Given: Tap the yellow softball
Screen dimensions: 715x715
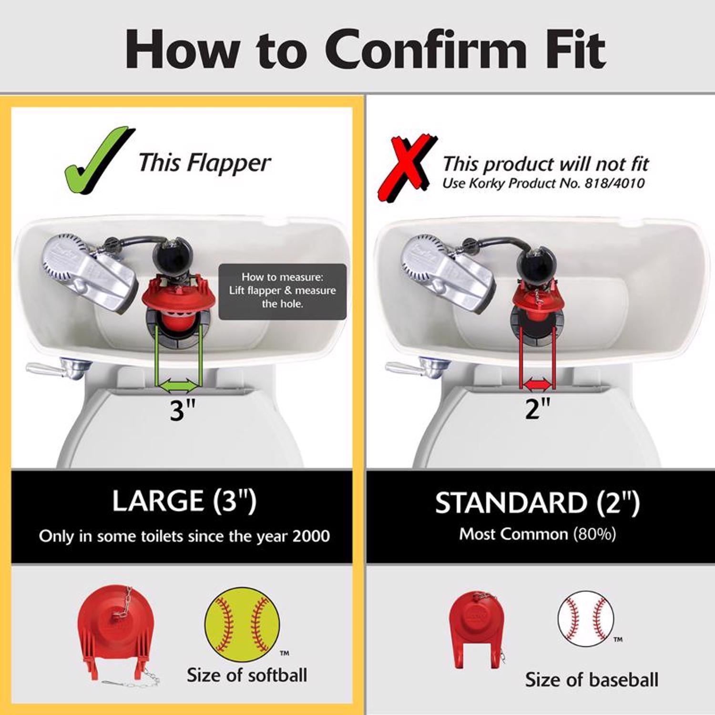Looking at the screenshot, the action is pos(242,625).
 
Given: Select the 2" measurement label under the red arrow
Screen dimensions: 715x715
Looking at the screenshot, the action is pos(538,408).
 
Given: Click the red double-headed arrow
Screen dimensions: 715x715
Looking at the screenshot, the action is pos(537,383).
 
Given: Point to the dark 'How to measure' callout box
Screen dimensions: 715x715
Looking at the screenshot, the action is pos(283,291).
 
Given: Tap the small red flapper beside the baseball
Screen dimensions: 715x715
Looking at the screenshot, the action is pos(476,628).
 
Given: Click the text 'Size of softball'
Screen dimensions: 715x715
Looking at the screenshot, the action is pos(247,675).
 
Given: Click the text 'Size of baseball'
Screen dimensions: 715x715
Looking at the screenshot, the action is pos(592,680).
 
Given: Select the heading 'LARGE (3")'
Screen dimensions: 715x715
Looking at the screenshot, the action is pos(184,501).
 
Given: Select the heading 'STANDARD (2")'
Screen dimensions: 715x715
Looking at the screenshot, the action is pos(537,503).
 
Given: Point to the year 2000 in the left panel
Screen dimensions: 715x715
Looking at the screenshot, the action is pos(311,536).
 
